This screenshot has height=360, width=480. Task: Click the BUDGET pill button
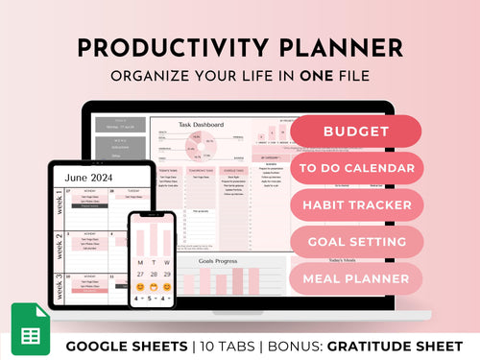tap(356, 132)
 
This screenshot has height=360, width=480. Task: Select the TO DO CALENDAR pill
tap(356, 168)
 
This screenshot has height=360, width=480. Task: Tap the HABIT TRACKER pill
tap(356, 204)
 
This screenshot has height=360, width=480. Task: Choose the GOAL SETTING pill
tap(356, 241)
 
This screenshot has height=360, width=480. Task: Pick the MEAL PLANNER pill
tap(356, 278)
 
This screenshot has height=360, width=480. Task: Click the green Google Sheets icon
tap(30, 329)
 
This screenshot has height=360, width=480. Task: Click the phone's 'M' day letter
tap(141, 262)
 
